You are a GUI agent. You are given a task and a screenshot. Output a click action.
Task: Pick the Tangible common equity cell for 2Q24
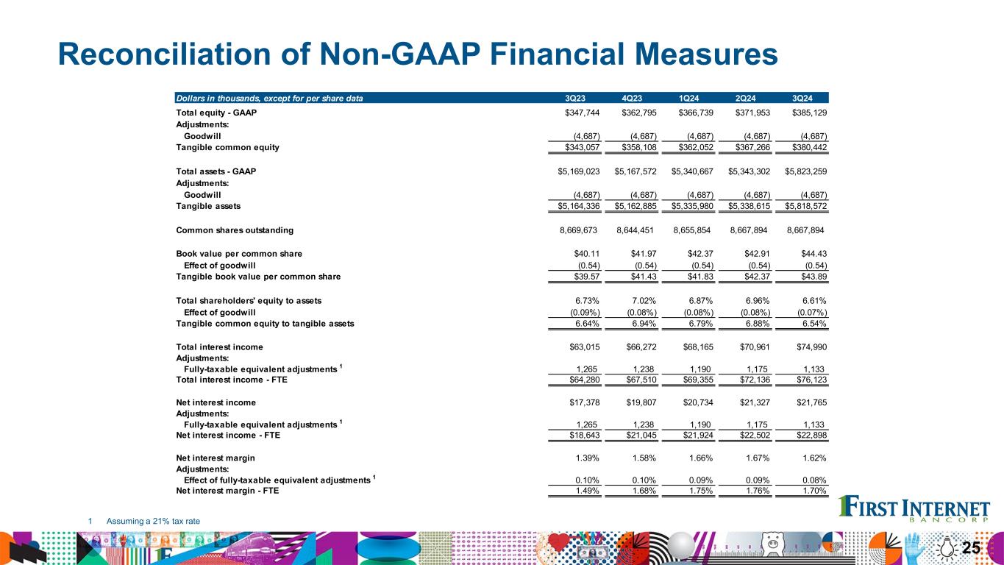pos(750,147)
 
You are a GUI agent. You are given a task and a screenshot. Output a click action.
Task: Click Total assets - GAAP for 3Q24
pos(806,171)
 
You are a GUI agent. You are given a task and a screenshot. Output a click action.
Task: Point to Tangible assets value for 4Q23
pos(636,206)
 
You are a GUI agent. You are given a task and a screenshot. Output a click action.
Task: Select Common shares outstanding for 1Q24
pos(692,230)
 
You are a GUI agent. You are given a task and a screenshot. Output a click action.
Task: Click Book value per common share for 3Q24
pos(813,254)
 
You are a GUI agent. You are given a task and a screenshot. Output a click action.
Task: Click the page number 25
pos(972,547)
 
